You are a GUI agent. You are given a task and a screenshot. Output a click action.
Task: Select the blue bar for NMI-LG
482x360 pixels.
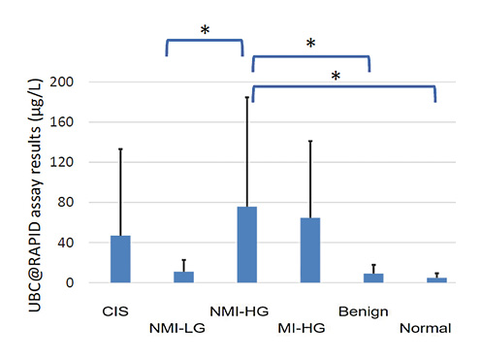(183, 277)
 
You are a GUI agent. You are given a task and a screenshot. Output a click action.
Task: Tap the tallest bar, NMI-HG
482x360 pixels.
(247, 244)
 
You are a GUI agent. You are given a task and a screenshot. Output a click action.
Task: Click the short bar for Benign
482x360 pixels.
(373, 278)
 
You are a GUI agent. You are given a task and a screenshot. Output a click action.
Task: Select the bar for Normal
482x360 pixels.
(436, 279)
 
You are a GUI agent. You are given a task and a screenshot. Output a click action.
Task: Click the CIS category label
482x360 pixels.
(115, 311)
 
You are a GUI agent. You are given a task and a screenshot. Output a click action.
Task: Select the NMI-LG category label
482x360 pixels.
(176, 328)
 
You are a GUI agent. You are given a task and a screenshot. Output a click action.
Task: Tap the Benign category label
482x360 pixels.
(364, 311)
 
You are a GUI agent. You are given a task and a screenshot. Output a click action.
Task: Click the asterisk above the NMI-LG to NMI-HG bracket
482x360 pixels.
(205, 30)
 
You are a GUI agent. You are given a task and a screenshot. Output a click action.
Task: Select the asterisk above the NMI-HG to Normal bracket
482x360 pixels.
(336, 76)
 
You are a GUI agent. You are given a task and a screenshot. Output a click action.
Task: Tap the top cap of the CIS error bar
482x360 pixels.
(120, 148)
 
